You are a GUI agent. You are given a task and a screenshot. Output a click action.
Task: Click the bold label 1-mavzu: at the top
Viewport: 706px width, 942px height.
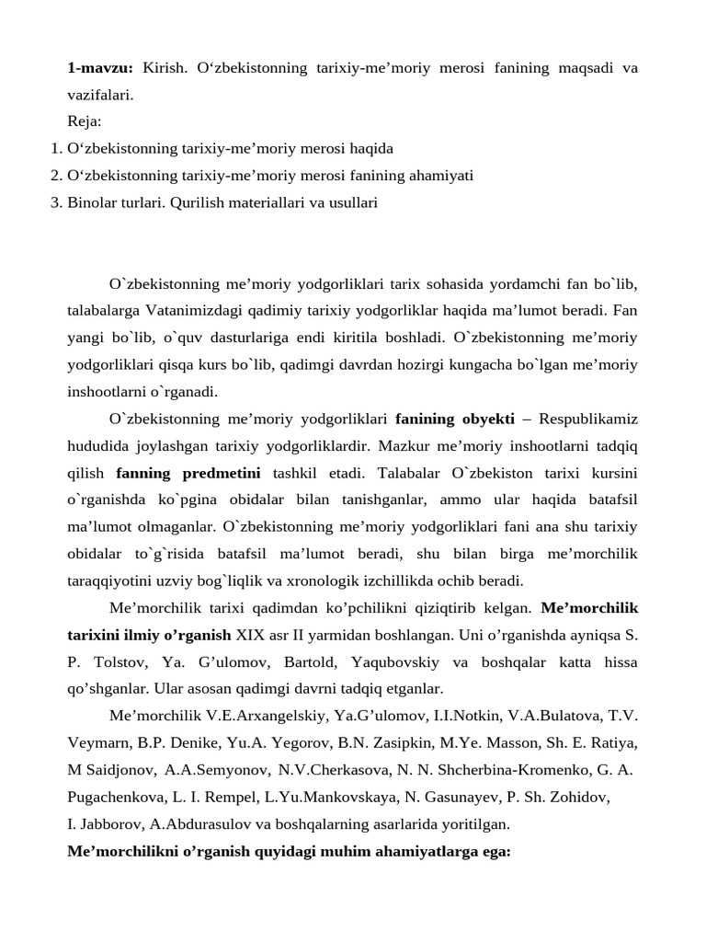[100, 68]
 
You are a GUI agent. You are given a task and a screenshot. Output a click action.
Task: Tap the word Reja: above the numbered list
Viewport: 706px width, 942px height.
[85, 121]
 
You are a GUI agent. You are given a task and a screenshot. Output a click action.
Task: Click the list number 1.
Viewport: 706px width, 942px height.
[55, 147]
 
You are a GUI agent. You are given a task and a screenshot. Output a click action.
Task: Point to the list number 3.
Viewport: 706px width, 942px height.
[55, 201]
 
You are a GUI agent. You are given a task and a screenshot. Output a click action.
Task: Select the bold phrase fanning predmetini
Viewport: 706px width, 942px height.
[188, 473]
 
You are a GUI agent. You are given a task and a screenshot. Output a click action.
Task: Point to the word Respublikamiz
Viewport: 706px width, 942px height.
[588, 419]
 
